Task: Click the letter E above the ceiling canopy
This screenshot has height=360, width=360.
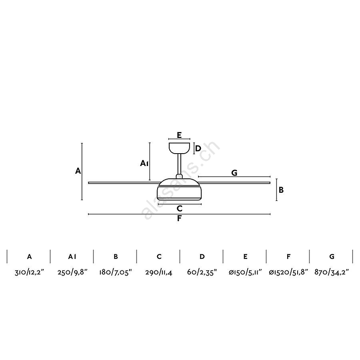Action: [179, 135]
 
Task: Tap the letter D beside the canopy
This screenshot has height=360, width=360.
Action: [198, 148]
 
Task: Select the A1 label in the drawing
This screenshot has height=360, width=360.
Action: [144, 163]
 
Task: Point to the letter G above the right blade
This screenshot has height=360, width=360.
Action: [234, 173]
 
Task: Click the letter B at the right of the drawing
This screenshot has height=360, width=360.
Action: [281, 190]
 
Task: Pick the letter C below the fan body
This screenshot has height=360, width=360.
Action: [180, 208]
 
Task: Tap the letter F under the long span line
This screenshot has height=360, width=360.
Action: [179, 218]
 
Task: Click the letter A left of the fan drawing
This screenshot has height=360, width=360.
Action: [78, 171]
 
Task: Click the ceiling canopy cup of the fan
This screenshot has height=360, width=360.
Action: [179, 148]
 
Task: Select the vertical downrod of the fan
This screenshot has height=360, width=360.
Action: [179, 164]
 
